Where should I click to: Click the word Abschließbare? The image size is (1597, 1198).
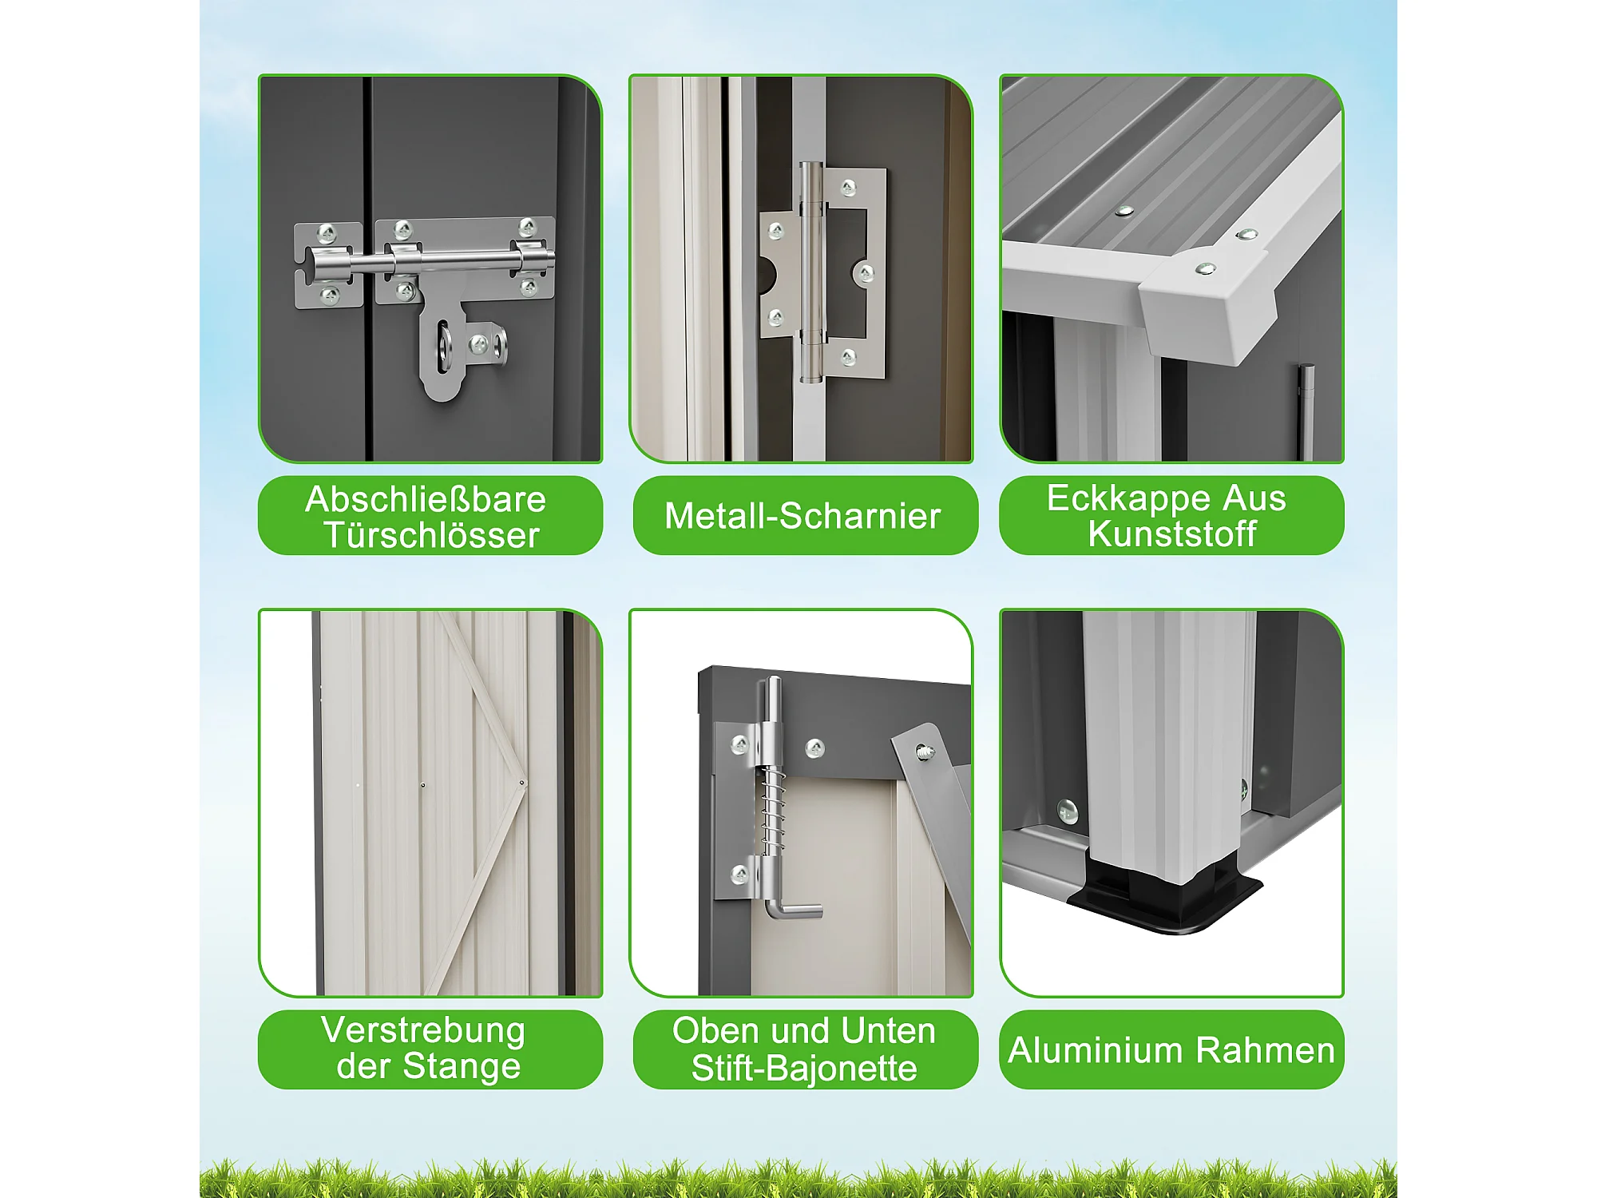click(x=426, y=499)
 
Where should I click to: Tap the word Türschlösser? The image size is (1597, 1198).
click(x=431, y=535)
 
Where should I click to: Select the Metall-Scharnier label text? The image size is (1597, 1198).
click(x=802, y=516)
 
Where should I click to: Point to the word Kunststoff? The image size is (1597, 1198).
click(x=1172, y=534)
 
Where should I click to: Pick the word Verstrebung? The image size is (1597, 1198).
click(x=423, y=1031)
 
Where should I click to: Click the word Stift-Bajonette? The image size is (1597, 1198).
click(x=804, y=1068)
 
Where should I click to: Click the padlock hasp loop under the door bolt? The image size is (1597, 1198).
click(x=443, y=351)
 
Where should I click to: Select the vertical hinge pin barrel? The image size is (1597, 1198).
click(x=811, y=272)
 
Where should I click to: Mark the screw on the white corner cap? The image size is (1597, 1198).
click(x=1205, y=269)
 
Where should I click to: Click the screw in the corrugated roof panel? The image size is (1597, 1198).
click(x=1125, y=212)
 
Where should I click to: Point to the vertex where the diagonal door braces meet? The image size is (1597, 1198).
click(x=523, y=783)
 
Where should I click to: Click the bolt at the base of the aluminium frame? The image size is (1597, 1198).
click(x=1068, y=812)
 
